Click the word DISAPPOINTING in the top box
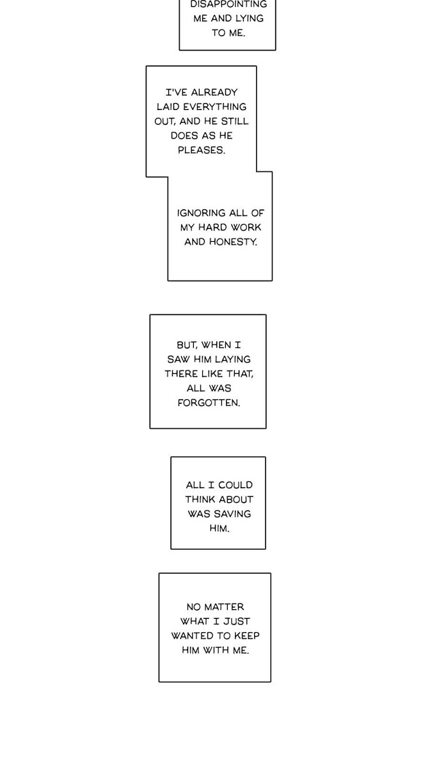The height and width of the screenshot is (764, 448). click(x=228, y=4)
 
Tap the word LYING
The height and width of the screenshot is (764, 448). click(x=250, y=19)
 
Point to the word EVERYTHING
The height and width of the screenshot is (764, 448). click(x=214, y=107)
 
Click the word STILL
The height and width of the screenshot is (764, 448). click(x=234, y=121)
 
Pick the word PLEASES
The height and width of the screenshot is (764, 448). click(x=202, y=150)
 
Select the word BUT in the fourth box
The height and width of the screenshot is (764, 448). click(x=187, y=345)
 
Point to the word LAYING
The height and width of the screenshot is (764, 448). click(x=233, y=360)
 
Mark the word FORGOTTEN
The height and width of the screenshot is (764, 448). click(x=209, y=403)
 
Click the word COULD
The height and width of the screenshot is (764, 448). click(x=236, y=485)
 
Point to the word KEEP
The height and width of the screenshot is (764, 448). click(x=246, y=636)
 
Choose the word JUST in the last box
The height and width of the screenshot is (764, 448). click(x=237, y=621)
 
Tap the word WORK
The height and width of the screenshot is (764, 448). click(x=246, y=228)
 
